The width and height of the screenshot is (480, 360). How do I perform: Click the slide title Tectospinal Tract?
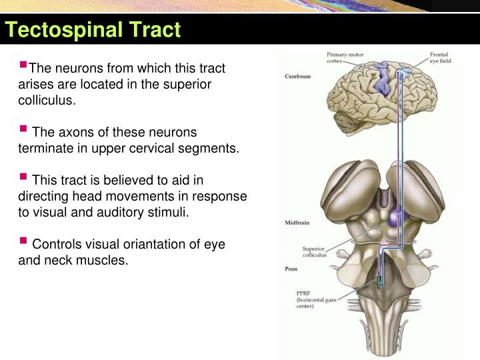(93, 30)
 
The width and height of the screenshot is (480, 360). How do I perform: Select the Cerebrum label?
(297, 76)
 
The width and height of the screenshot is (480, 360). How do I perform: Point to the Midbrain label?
(297, 221)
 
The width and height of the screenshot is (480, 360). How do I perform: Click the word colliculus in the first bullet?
(45, 101)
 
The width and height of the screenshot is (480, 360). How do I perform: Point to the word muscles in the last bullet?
(103, 260)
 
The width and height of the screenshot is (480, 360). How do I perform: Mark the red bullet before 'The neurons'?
(23, 65)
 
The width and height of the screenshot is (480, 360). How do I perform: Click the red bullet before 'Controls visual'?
(23, 242)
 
